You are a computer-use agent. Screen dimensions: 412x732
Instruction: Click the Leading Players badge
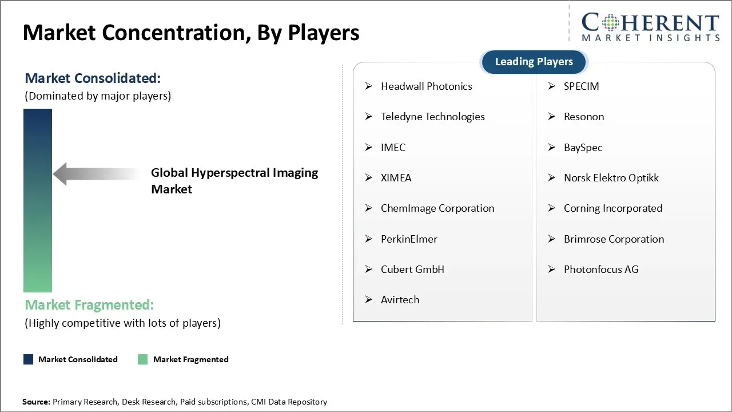[534, 62]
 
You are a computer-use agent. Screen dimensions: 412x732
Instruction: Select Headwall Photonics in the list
[426, 86]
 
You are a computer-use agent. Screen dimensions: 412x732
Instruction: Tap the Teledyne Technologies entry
[432, 117]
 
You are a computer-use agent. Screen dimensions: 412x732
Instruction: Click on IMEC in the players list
[393, 148]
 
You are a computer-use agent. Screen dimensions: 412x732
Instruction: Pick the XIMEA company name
[396, 178]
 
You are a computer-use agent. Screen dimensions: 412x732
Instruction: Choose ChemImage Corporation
[437, 208]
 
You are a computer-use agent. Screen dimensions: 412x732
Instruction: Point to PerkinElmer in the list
[409, 239]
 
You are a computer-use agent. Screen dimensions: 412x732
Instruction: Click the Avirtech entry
[400, 300]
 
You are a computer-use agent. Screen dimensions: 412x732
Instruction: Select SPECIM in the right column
[581, 86]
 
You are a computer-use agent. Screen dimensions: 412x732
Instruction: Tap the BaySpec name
[583, 148]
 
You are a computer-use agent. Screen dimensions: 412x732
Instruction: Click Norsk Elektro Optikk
[611, 178]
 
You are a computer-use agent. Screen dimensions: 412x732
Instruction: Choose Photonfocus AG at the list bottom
[600, 270]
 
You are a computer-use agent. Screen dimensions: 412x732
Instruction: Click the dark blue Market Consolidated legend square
[28, 359]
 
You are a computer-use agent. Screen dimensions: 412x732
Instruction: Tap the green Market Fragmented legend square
[143, 359]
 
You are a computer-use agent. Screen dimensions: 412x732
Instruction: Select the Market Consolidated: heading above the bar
[93, 78]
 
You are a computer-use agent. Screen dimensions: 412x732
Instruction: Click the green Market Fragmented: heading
[89, 305]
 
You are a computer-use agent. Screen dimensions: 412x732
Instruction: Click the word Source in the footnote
[35, 402]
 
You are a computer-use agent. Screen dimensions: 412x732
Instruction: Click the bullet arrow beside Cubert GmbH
[369, 270]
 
